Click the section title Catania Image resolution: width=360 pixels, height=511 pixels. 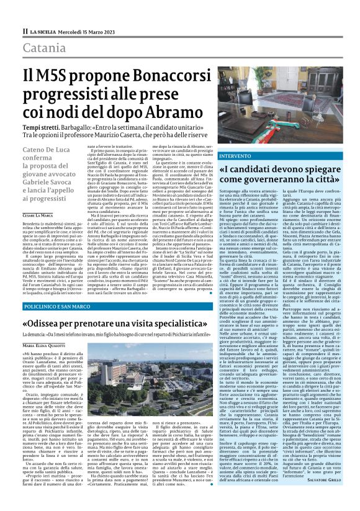(44, 47)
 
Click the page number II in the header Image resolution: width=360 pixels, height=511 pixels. (25, 30)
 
